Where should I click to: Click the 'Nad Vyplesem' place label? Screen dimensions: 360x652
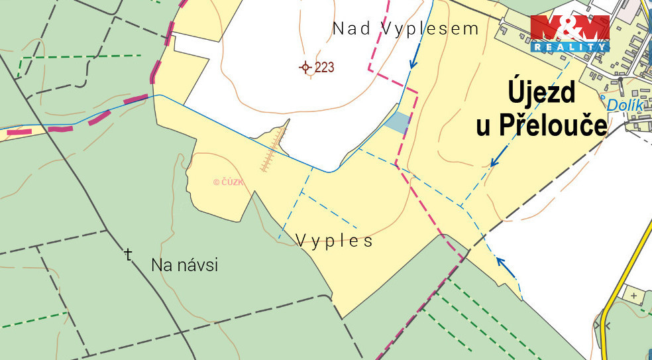pyautogui.click(x=406, y=29)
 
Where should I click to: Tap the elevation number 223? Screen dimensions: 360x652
pyautogui.click(x=325, y=67)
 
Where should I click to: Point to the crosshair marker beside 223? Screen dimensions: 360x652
pyautogui.click(x=305, y=67)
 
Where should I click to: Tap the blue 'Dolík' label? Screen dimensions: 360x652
pyautogui.click(x=626, y=104)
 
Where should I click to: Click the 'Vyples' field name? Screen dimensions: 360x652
pyautogui.click(x=334, y=240)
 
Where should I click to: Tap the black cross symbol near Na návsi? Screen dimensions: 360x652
pyautogui.click(x=129, y=254)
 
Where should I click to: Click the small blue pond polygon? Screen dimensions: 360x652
pyautogui.click(x=398, y=122)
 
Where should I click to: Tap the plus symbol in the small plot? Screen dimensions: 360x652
pyautogui.click(x=634, y=295)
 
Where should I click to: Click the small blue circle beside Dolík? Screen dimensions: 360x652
pyautogui.click(x=604, y=98)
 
